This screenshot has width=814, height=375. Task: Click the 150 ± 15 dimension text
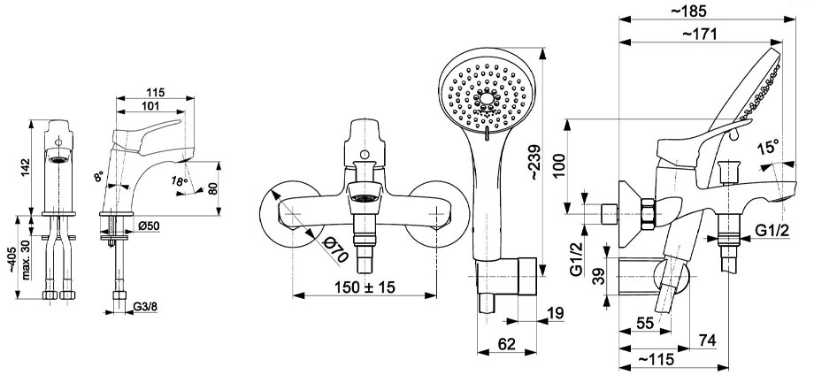(365, 287)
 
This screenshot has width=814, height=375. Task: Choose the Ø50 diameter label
(149, 226)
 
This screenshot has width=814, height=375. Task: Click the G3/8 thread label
(145, 307)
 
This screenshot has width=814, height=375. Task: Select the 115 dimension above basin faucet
(155, 92)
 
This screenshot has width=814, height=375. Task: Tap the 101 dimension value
(150, 106)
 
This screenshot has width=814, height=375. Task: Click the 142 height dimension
(26, 167)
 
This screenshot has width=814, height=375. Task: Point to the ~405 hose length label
(12, 264)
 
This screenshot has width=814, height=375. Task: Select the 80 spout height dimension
(212, 188)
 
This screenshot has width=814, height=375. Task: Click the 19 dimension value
(556, 313)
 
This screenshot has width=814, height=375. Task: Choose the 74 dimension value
(708, 341)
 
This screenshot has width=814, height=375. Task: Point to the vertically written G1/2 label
(576, 260)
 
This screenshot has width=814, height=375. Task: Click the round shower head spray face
(486, 97)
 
